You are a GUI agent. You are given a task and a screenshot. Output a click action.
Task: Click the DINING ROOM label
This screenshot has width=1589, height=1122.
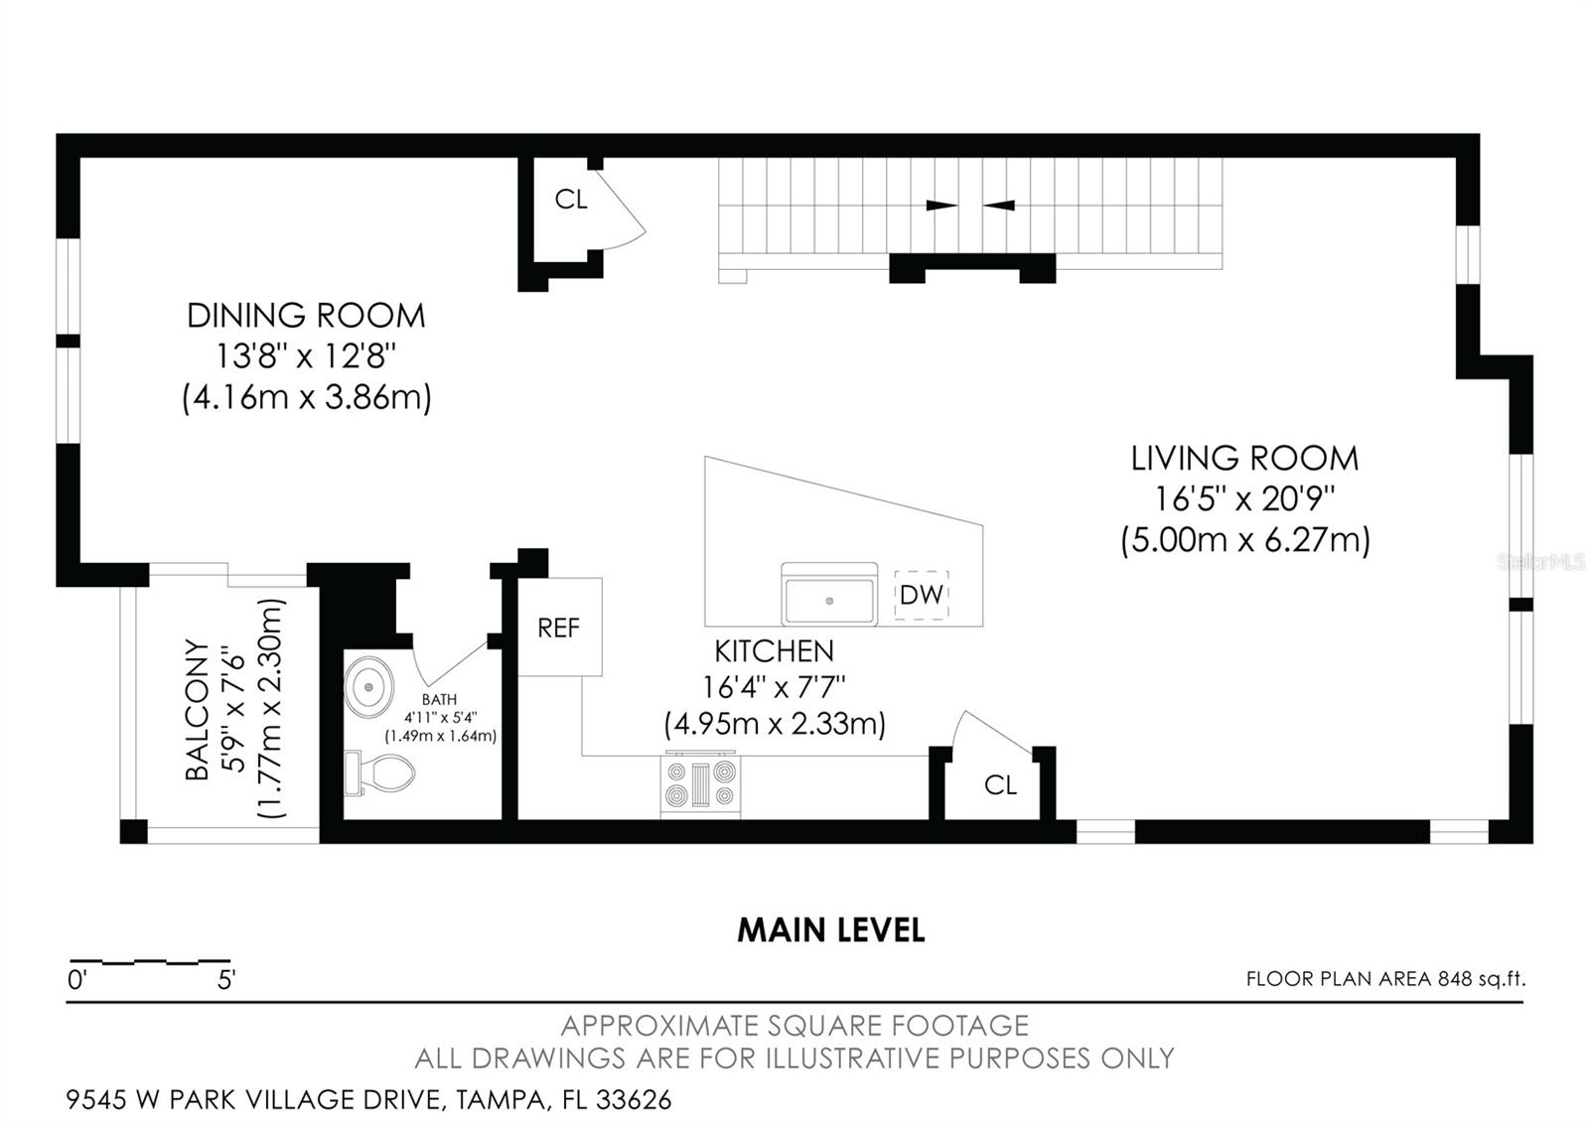306,316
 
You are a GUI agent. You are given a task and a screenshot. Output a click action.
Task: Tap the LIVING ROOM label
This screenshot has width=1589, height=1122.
1245,458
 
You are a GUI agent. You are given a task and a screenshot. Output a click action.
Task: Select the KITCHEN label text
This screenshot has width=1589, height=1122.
774,651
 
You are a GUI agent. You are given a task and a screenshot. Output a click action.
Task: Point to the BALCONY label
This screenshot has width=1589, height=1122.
198,709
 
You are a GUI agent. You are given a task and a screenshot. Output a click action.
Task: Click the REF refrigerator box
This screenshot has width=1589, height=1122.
560,627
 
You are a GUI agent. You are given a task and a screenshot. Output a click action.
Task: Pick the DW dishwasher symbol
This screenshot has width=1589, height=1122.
921,595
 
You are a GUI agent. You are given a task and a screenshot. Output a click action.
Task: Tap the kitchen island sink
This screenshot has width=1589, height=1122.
829,595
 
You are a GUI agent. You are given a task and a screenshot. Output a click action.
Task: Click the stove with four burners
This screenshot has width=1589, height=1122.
700,784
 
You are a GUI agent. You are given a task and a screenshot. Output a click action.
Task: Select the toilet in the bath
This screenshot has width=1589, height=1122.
378,772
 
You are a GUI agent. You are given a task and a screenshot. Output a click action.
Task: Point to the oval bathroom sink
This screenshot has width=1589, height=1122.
368,686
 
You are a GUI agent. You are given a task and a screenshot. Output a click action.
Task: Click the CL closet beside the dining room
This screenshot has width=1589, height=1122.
571,200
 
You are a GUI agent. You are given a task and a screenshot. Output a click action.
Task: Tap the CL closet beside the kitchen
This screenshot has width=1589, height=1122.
1000,784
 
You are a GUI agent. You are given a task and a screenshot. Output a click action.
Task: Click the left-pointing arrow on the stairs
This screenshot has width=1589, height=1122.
998,206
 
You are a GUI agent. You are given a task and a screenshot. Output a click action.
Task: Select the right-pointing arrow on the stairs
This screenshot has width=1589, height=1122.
942,206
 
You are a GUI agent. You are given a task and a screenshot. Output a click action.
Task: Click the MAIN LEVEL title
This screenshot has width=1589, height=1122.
830,930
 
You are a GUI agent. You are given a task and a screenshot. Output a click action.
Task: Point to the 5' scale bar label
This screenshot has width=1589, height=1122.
226,980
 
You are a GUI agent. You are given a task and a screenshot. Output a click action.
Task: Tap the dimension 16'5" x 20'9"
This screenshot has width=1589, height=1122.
1245,499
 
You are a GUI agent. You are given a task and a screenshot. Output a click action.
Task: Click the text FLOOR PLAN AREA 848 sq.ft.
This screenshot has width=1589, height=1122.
1386,979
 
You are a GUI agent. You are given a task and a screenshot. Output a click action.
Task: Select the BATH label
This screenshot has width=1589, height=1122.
439,700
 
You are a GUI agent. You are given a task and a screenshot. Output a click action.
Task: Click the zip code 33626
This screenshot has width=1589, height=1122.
635,1100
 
